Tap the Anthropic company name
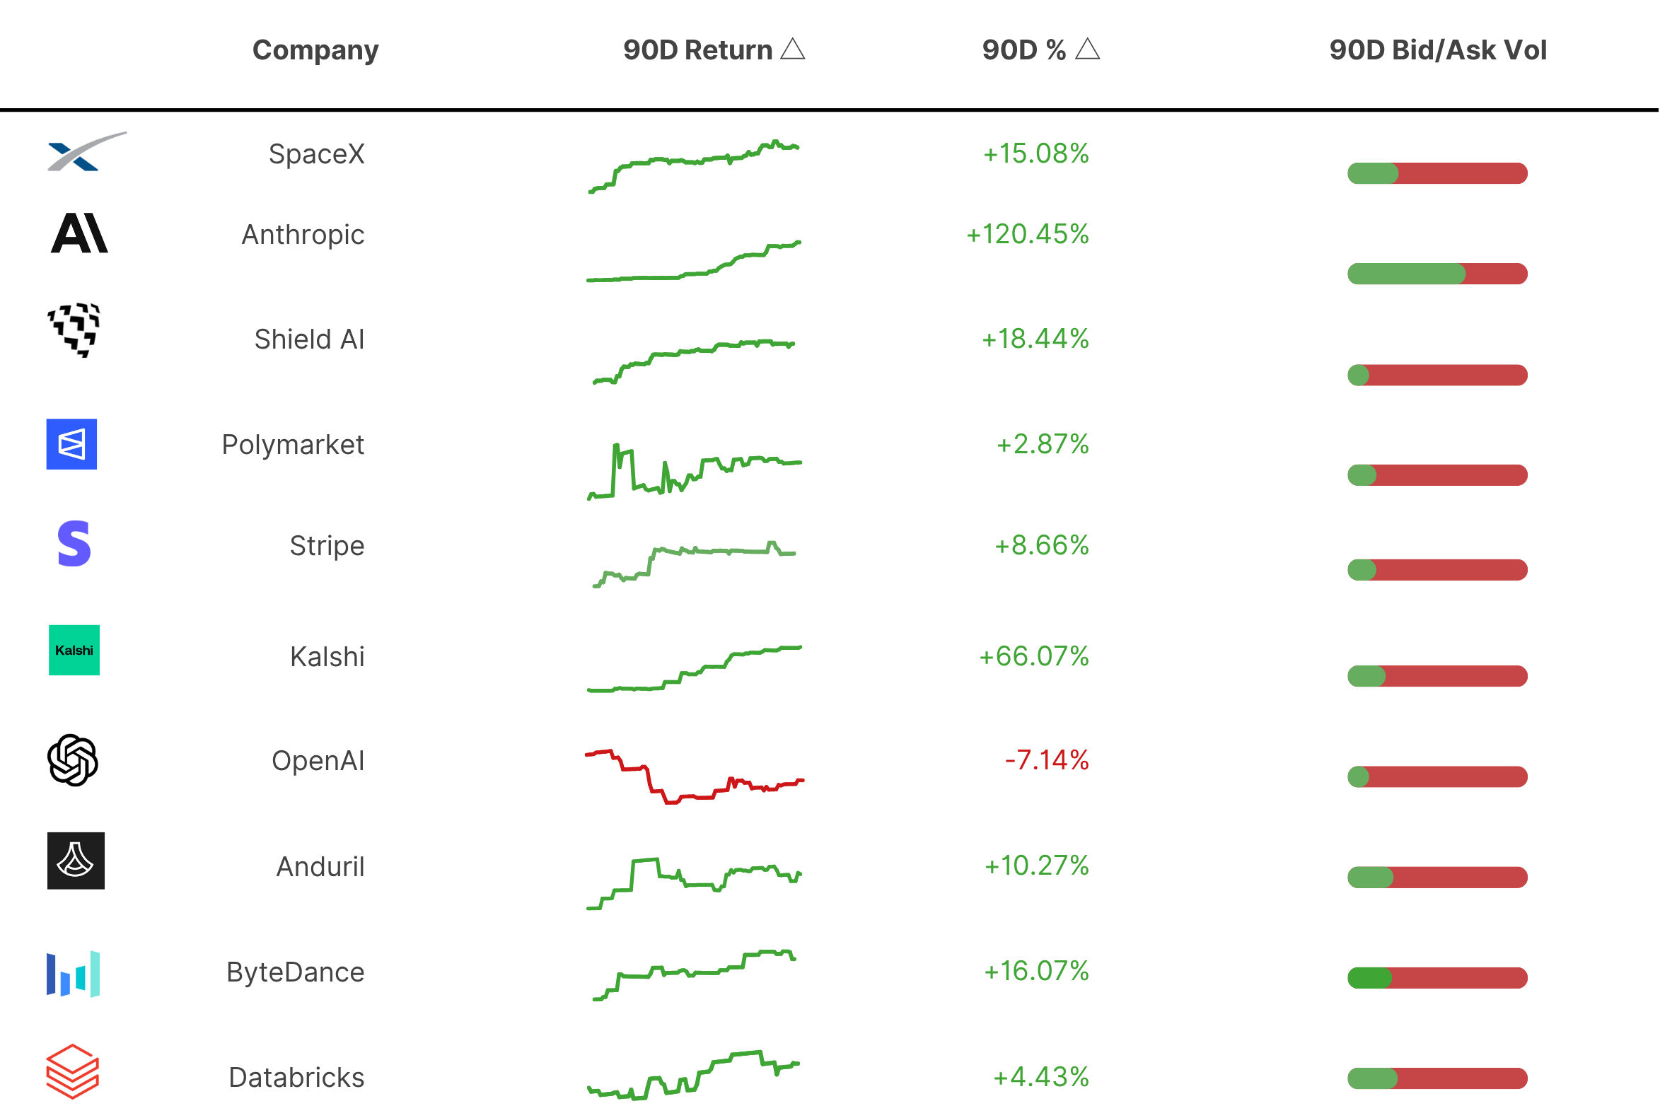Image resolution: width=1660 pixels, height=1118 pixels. pyautogui.click(x=303, y=235)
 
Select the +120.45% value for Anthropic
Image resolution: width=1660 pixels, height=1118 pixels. pyautogui.click(x=1028, y=234)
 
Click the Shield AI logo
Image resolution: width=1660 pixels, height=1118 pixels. pyautogui.click(x=74, y=330)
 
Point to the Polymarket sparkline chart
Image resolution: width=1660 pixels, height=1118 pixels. pyautogui.click(x=695, y=471)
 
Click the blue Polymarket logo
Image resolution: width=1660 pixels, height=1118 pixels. pyautogui.click(x=71, y=444)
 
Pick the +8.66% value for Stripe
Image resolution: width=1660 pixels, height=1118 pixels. pyautogui.click(x=1042, y=545)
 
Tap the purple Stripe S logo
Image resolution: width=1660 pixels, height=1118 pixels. pyautogui.click(x=74, y=543)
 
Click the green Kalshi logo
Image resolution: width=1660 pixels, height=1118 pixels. pyautogui.click(x=74, y=651)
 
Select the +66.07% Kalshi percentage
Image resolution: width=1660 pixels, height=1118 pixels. pyautogui.click(x=1034, y=656)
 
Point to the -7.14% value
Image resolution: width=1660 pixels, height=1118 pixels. pyautogui.click(x=1047, y=760)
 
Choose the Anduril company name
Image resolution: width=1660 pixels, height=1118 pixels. pyautogui.click(x=320, y=867)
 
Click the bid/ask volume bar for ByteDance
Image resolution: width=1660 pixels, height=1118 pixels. pyautogui.click(x=1437, y=978)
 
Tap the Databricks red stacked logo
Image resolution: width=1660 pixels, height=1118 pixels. pyautogui.click(x=73, y=1071)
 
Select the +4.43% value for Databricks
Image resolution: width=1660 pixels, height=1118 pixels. pyautogui.click(x=1041, y=1077)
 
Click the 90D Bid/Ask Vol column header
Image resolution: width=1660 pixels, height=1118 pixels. pyautogui.click(x=1437, y=50)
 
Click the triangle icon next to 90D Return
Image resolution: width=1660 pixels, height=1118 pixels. pyautogui.click(x=793, y=50)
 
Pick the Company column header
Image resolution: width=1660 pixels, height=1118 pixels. pyautogui.click(x=315, y=51)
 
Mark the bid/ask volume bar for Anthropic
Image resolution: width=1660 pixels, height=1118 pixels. pyautogui.click(x=1437, y=274)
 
